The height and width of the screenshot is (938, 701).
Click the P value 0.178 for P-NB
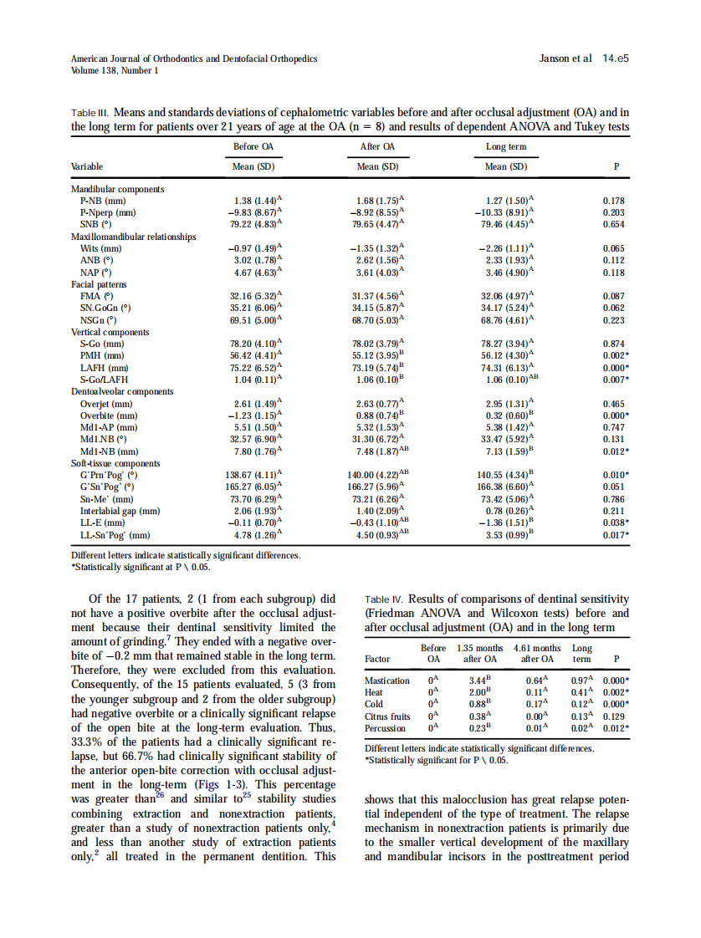coord(615,201)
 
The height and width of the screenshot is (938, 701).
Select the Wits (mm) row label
coord(101,249)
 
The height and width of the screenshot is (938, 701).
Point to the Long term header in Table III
coord(506,147)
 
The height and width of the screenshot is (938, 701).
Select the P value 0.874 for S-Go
coord(615,344)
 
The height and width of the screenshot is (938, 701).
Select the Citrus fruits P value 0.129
coord(616,716)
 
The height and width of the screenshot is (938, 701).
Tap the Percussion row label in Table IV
coord(386,728)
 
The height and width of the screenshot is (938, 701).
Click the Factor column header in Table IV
coord(378,659)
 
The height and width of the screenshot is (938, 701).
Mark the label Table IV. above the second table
coord(385,599)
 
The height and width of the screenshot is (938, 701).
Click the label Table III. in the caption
coord(90,111)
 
